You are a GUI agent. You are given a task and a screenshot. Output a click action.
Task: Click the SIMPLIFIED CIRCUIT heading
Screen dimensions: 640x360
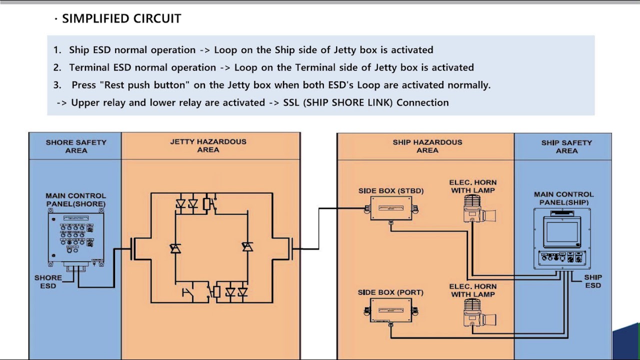click(x=121, y=18)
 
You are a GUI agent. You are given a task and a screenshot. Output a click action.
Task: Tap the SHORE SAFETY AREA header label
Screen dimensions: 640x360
click(x=76, y=146)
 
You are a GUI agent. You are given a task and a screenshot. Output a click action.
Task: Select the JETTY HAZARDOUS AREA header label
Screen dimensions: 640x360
click(x=208, y=145)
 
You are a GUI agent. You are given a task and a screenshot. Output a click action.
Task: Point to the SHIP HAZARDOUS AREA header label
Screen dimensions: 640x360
click(x=427, y=146)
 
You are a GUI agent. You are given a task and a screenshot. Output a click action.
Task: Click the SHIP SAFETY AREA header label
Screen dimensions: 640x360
click(x=566, y=146)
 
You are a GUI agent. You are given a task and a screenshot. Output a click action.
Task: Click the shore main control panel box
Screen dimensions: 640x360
click(x=76, y=239)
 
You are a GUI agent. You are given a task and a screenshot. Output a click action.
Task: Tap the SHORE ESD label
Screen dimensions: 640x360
click(x=48, y=281)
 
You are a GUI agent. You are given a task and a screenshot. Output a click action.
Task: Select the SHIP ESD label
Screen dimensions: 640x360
click(x=593, y=281)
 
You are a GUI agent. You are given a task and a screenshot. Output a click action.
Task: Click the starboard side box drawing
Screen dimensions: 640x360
click(x=391, y=208)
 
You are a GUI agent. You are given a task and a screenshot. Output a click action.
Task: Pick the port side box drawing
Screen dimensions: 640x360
click(x=391, y=311)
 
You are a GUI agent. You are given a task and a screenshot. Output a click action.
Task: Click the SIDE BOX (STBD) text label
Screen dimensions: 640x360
click(x=391, y=191)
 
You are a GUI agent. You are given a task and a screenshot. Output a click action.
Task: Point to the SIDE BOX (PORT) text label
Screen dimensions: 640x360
click(x=390, y=292)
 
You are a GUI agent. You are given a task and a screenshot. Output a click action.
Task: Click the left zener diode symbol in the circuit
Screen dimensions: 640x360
click(x=175, y=248)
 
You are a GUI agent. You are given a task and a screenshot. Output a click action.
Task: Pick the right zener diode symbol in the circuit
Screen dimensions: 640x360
click(x=247, y=246)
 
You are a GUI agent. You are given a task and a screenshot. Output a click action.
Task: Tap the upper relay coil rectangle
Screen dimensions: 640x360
click(x=206, y=204)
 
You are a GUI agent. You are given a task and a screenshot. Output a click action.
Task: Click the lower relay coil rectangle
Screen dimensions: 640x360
click(x=217, y=292)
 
